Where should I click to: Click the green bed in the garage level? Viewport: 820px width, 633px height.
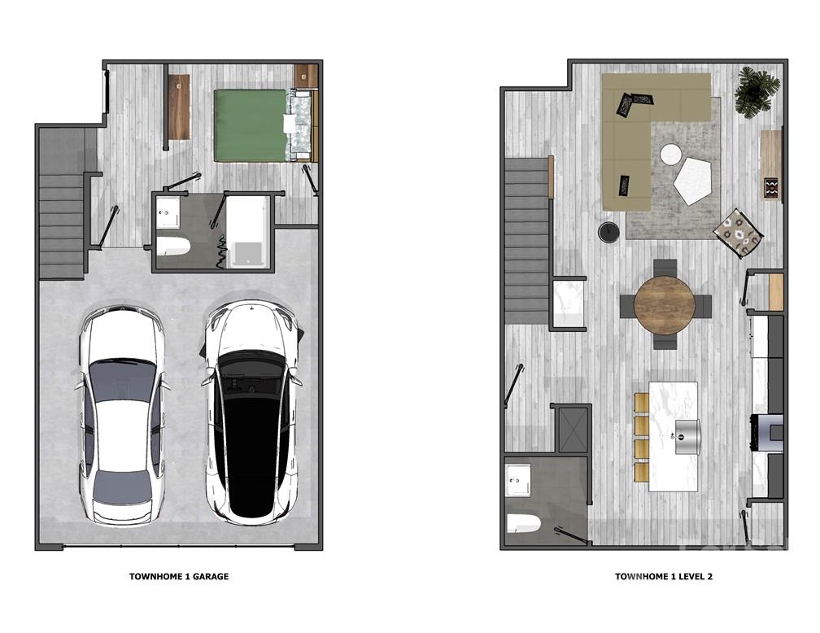coord(251,124)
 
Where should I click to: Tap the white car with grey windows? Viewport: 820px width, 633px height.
coord(121,415)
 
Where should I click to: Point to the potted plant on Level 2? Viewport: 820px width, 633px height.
coord(757,92)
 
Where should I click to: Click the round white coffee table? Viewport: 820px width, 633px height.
coord(671,154)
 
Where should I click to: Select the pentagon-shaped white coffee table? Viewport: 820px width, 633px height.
coord(692,180)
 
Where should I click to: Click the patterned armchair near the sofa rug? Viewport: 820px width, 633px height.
coord(738,233)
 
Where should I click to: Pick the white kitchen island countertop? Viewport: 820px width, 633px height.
coord(674,435)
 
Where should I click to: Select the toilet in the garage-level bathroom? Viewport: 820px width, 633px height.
coord(172,245)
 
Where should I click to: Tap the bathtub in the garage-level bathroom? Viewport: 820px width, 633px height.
coord(246,232)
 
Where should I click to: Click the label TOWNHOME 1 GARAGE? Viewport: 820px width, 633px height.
coord(179,577)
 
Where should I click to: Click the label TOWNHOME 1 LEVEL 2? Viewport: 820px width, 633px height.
coord(664,577)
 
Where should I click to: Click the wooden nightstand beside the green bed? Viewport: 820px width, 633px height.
coord(306,76)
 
